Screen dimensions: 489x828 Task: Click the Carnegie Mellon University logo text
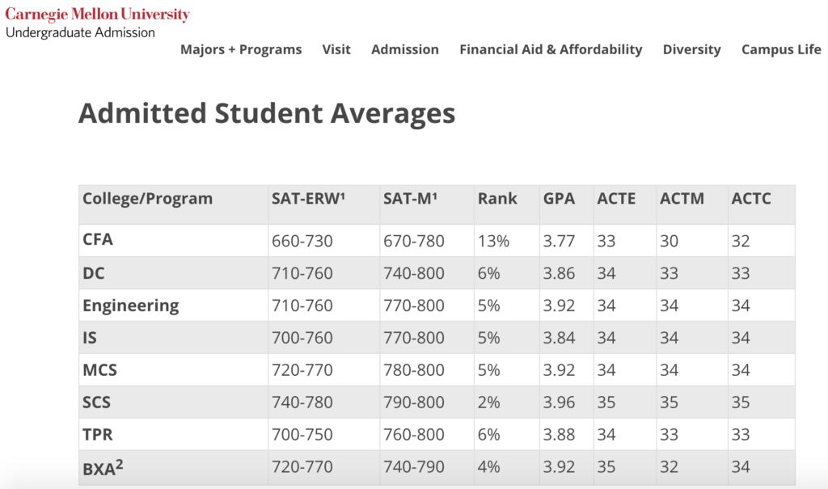point(97,15)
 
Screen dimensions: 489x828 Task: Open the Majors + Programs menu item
point(241,49)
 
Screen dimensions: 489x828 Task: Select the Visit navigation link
point(336,49)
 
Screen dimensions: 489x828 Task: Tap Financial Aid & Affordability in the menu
point(551,49)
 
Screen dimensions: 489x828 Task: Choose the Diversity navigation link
point(691,49)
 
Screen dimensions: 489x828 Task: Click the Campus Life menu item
point(781,49)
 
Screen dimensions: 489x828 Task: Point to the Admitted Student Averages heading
point(267,113)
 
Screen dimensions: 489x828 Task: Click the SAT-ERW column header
point(308,199)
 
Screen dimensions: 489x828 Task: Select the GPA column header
point(560,199)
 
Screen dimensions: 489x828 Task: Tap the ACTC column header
point(751,199)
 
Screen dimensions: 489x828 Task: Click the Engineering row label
point(131,306)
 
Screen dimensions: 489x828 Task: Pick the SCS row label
point(97,403)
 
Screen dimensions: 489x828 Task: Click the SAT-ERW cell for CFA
point(302,241)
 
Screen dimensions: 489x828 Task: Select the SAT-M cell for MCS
point(414,370)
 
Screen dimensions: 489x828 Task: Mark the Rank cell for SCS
point(489,403)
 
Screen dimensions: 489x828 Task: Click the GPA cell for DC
point(560,273)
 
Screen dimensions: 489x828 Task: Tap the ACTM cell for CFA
point(670,241)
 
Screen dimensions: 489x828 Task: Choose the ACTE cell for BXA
point(606,467)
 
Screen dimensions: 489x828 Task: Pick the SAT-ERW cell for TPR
point(302,435)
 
